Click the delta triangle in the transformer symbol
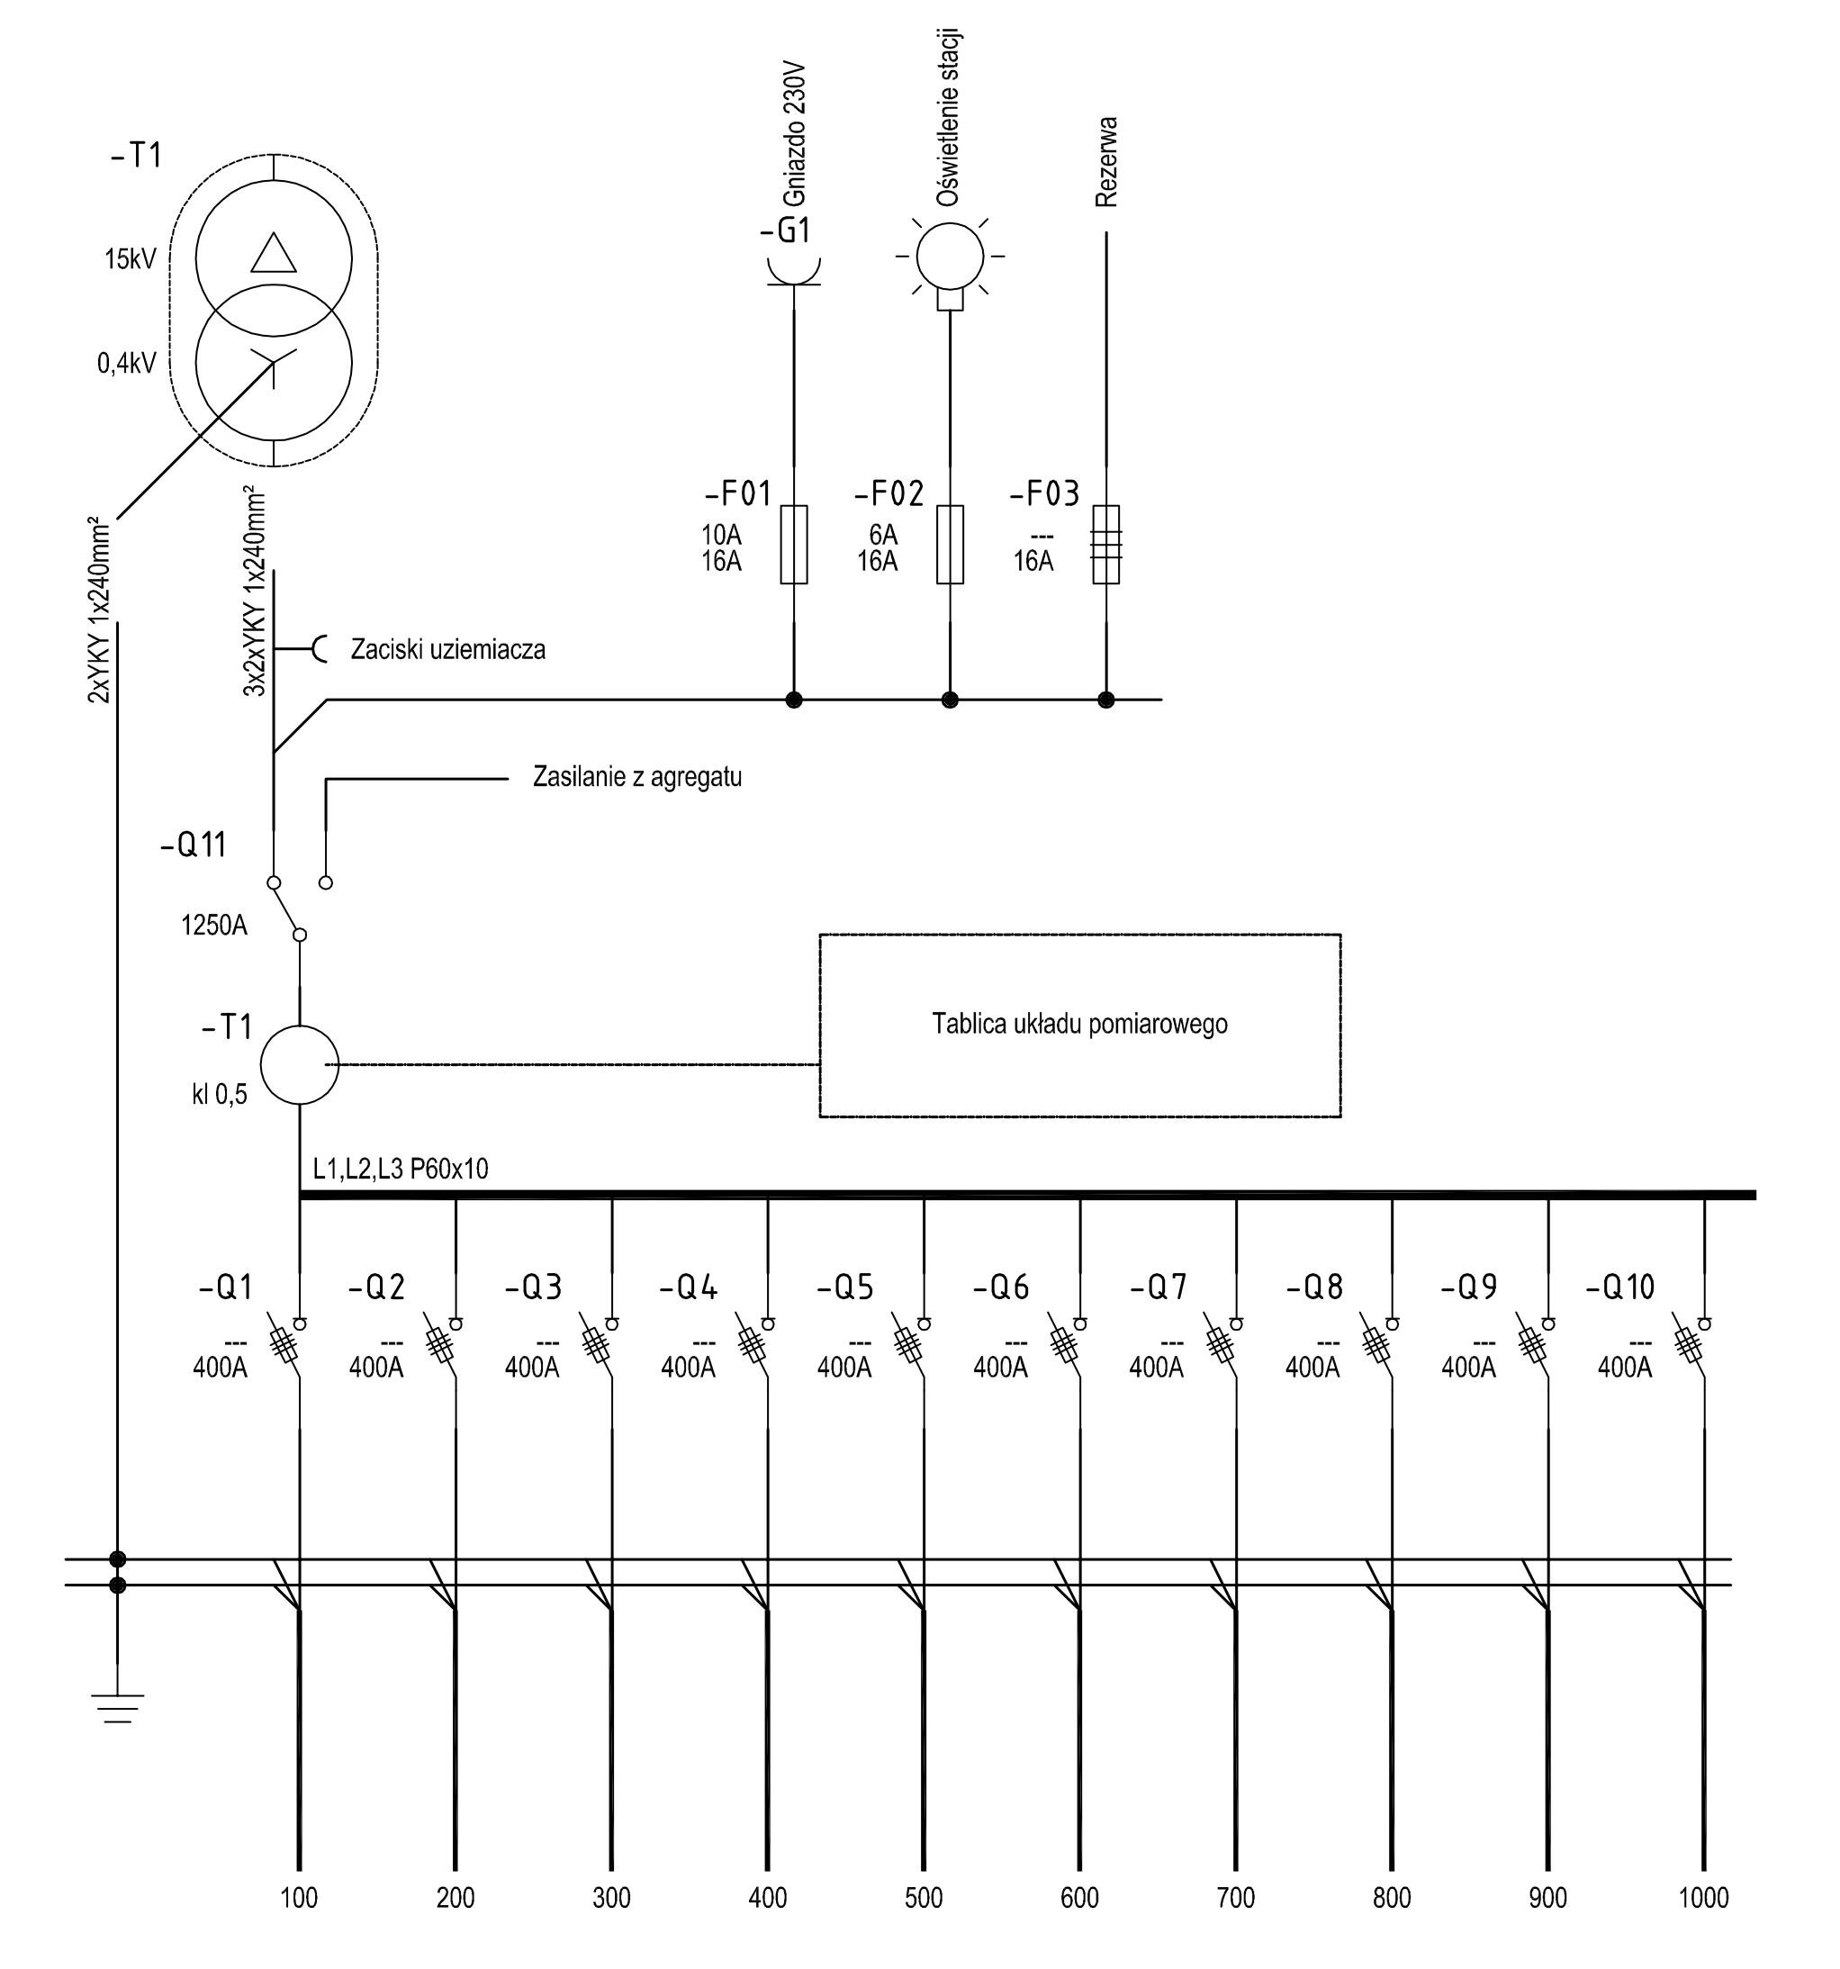pos(274,254)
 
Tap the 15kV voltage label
pos(131,259)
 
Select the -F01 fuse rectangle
pos(793,544)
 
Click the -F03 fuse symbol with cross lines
pos(1106,544)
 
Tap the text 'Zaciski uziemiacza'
pos(447,650)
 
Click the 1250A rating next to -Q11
pos(214,925)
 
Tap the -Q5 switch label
pos(844,1287)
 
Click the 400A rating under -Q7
pos(1157,1368)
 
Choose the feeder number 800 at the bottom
pos(1392,1898)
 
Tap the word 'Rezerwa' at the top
pos(1106,161)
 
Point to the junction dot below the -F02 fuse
pos(950,700)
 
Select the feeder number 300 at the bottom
pos(611,1898)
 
